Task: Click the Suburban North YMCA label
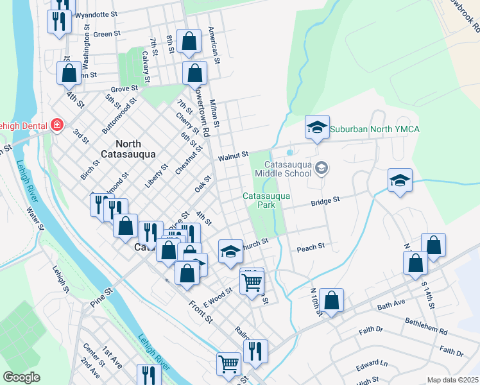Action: pos(375,130)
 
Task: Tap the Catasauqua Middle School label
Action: pos(282,168)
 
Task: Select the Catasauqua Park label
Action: pos(267,200)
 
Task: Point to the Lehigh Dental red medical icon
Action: pos(57,124)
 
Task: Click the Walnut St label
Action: pos(232,155)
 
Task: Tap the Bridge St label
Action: pos(325,201)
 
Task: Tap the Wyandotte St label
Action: pos(96,13)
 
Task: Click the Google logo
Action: pos(21,377)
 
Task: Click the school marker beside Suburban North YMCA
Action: pos(317,128)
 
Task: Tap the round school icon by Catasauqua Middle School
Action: pos(321,168)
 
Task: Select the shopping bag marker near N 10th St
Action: pos(332,300)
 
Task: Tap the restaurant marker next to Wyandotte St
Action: pos(59,21)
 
